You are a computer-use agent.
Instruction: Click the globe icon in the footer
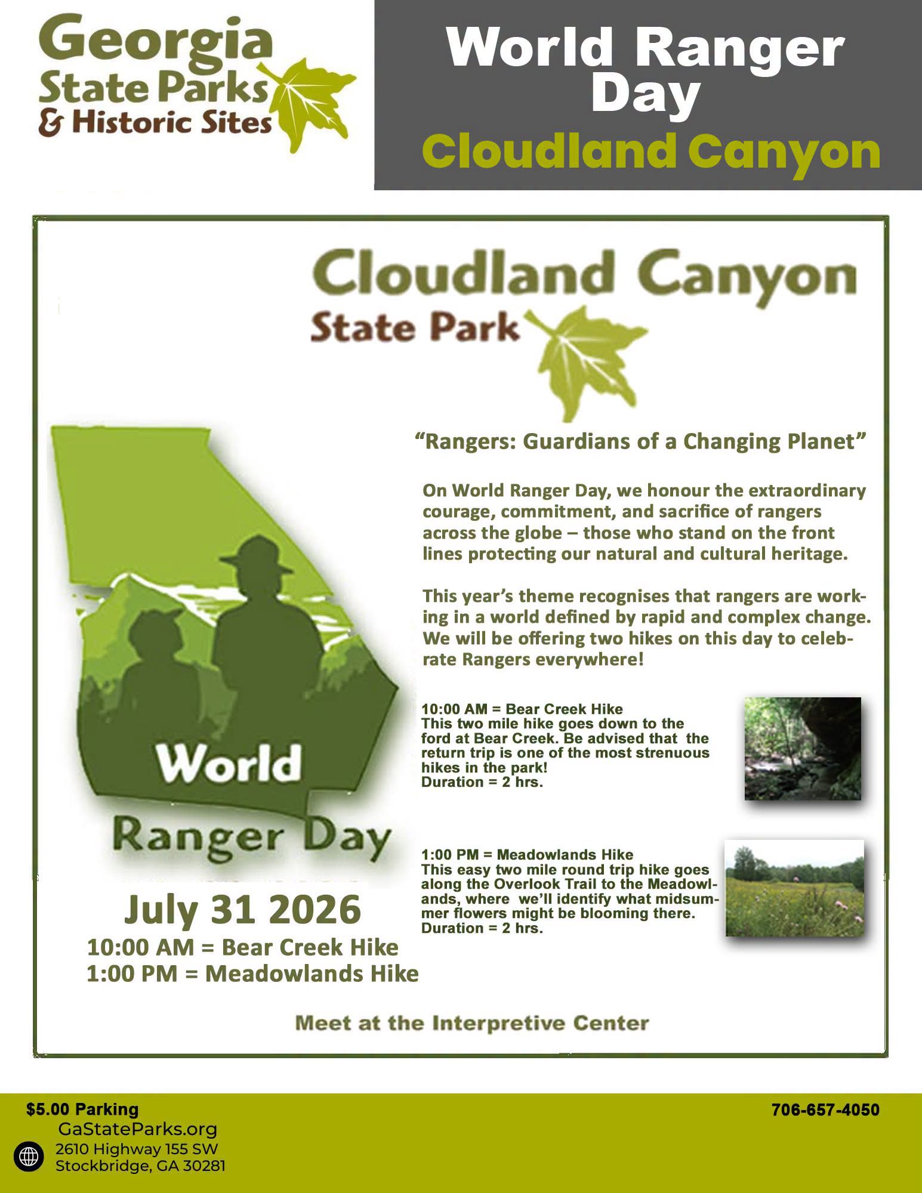pos(28,1157)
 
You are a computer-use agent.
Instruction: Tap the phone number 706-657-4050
pos(825,1110)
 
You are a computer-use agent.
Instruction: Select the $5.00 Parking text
pos(82,1109)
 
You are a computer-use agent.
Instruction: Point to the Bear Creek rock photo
pos(803,749)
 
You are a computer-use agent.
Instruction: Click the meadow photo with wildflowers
pos(794,888)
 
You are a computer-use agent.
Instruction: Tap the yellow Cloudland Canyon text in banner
pos(651,152)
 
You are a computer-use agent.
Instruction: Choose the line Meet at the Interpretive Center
pos(472,1024)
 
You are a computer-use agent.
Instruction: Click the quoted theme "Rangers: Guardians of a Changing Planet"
pos(640,441)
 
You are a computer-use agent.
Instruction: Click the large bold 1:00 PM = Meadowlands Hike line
pos(252,973)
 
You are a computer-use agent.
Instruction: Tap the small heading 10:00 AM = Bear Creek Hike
pos(522,709)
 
